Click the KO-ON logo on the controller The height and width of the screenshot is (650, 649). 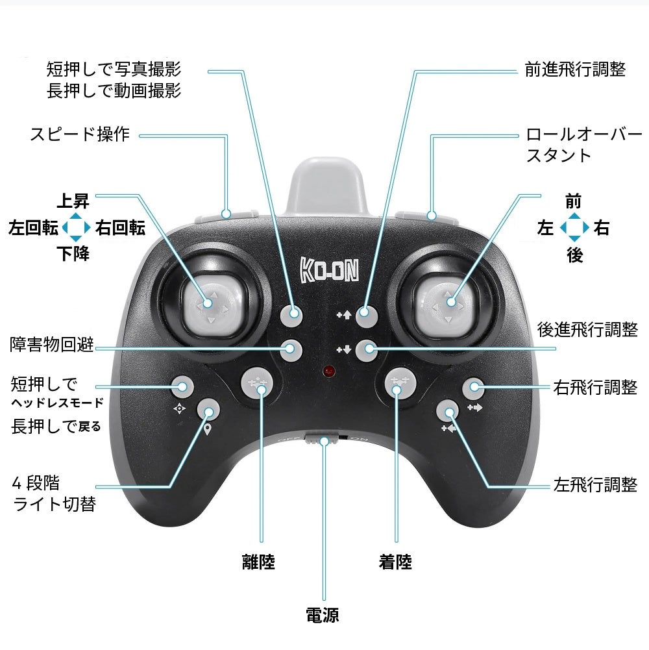(330, 269)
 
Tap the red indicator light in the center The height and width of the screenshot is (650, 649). (330, 373)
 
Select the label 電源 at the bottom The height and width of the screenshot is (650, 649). (323, 614)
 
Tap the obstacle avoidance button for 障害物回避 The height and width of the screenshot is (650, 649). (292, 350)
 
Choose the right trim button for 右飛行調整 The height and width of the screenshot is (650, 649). (474, 388)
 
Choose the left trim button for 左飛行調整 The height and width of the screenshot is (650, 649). (447, 410)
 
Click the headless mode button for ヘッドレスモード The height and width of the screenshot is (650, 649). (182, 388)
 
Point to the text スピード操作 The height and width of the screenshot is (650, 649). (80, 135)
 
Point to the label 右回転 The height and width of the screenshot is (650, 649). (120, 228)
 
